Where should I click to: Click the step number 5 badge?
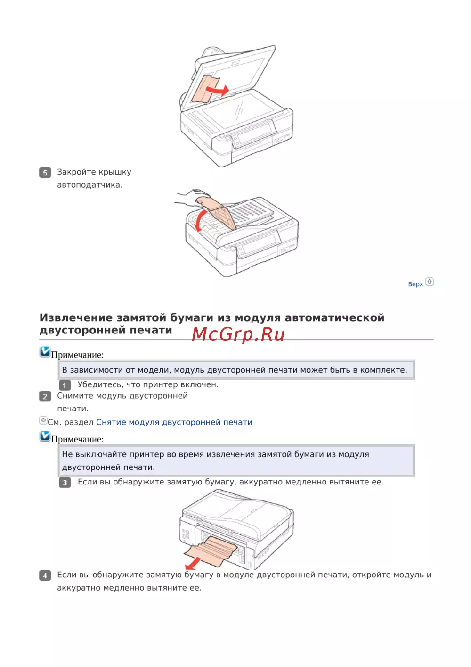click(45, 173)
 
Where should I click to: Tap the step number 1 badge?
click(65, 385)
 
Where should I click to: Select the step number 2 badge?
click(45, 396)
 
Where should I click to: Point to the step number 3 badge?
click(65, 482)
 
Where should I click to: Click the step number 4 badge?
click(45, 575)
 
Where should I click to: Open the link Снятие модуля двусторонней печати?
click(174, 422)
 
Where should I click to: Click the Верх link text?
click(415, 284)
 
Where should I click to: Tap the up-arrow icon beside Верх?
click(430, 282)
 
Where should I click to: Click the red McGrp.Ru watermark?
click(238, 334)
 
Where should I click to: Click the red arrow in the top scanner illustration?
click(218, 90)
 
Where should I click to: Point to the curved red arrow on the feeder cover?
click(197, 221)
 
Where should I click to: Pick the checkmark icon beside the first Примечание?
click(45, 352)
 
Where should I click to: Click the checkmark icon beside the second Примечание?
click(45, 436)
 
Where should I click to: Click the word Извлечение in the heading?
click(76, 318)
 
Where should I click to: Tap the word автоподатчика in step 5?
click(90, 185)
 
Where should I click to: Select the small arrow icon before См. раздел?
click(43, 420)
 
